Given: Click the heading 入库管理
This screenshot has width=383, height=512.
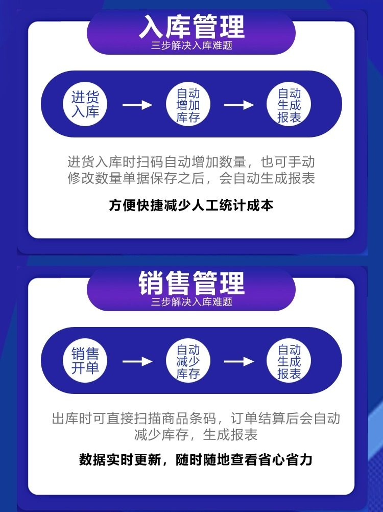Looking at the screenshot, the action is (x=192, y=27).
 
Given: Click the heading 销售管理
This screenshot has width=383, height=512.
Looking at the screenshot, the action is (x=192, y=284).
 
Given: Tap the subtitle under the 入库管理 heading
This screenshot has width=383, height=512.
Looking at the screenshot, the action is (x=192, y=45).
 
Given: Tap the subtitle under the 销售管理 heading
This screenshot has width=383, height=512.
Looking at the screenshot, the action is (x=192, y=302).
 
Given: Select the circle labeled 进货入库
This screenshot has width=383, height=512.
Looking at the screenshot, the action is (x=85, y=104).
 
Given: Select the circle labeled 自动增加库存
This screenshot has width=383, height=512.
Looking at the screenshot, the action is (x=188, y=105).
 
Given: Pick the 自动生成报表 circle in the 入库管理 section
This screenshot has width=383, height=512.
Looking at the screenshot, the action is (x=289, y=105).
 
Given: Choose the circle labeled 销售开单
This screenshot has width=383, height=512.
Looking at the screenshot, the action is (x=85, y=361).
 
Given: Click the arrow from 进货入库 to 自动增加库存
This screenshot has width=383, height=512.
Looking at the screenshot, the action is (x=137, y=105).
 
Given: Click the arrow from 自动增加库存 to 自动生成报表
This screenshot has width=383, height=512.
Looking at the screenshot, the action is (x=239, y=105).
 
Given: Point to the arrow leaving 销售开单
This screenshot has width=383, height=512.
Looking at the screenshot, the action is (x=137, y=361).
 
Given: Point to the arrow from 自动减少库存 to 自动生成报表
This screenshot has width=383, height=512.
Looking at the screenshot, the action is (x=239, y=361).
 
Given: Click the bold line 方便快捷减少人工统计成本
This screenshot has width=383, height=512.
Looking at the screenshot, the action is (x=192, y=205).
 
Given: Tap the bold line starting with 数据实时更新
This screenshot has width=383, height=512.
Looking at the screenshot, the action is (x=196, y=459).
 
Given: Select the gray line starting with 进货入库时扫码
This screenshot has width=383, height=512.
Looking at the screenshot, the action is (x=192, y=162).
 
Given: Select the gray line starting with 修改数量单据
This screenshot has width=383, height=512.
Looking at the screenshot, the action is (x=192, y=178).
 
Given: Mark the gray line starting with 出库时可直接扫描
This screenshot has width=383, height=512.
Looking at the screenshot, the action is (x=196, y=419).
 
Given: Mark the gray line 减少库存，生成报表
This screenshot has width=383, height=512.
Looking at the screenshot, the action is (x=196, y=435).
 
